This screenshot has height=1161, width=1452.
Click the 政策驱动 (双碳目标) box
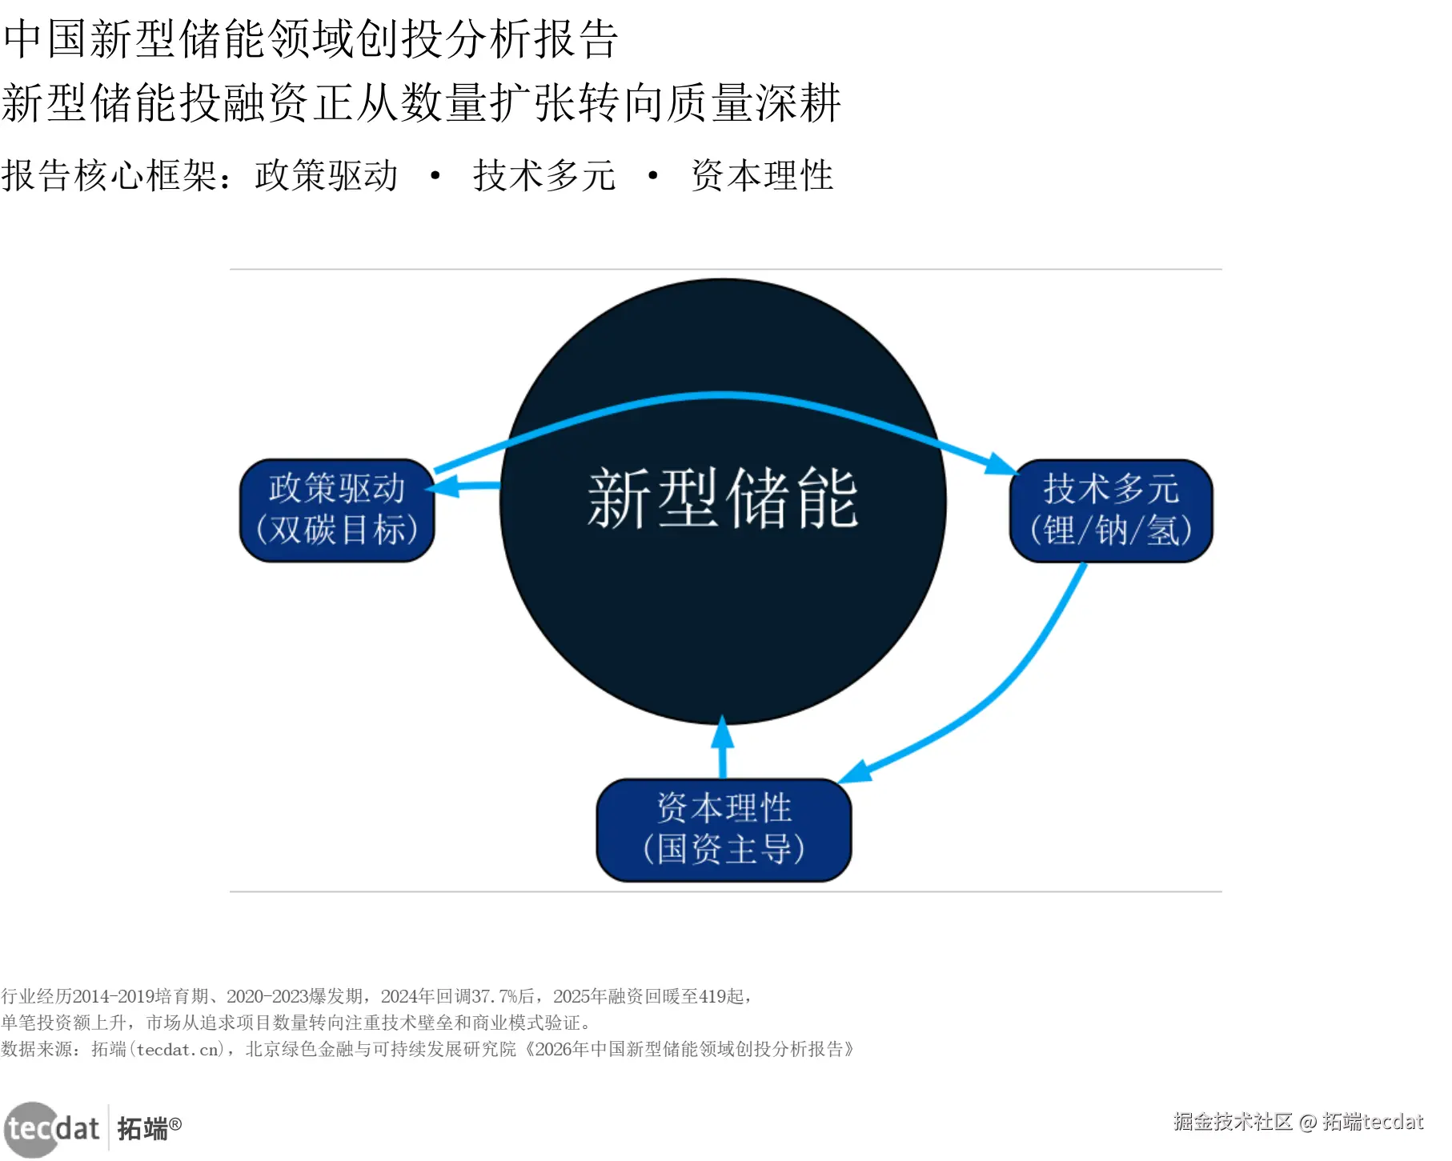pos(337,510)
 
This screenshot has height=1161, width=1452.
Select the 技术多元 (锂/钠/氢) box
pos(1110,510)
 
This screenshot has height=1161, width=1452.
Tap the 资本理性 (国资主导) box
pos(724,830)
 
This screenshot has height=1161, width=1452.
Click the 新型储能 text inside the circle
pos(723,498)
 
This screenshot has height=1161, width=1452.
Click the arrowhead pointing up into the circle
pos(723,731)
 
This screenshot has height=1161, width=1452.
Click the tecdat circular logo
pos(32,1128)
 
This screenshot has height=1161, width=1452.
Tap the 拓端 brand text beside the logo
pos(142,1129)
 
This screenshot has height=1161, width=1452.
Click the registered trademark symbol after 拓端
pos(175,1123)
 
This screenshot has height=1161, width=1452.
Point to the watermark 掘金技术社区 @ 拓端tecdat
pos(1298,1122)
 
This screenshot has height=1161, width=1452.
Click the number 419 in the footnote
pos(712,996)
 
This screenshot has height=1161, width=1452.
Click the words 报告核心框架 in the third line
pos(109,175)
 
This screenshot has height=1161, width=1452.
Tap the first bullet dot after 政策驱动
pos(435,175)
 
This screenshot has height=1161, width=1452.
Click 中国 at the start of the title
pos(45,38)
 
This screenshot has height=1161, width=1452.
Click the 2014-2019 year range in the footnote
pos(114,996)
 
